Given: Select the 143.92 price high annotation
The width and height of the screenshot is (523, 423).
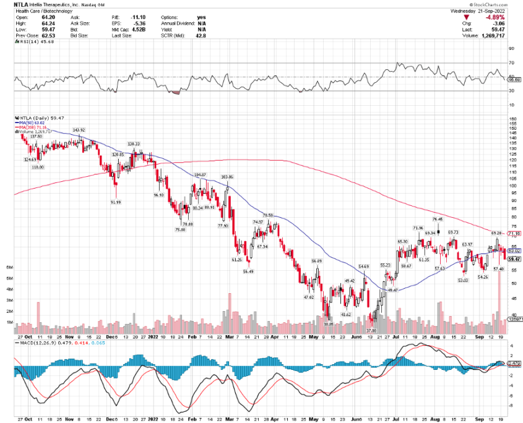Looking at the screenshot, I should click(79, 130).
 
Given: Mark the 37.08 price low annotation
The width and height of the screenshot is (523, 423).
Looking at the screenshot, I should click(371, 331).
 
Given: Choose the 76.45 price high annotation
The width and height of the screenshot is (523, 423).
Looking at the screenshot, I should click(438, 219).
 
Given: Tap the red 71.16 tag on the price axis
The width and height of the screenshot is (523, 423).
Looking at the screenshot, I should click(514, 234).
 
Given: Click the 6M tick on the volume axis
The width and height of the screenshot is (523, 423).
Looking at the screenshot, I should click(9, 267).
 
